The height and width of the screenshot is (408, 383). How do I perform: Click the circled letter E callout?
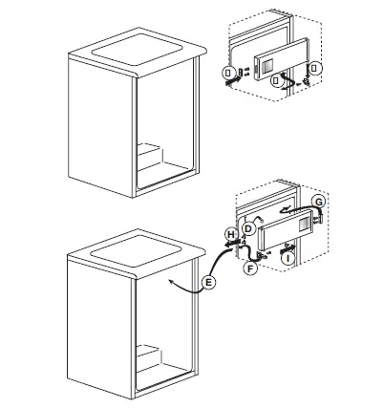coord(209,284)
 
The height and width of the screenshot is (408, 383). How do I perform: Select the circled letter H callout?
coord(231,234)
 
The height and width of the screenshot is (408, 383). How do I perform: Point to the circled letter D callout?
coord(248,229)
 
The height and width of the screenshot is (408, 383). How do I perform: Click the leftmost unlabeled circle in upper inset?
coord(227,73)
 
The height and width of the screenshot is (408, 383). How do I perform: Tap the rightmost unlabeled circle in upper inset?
coord(318,68)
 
